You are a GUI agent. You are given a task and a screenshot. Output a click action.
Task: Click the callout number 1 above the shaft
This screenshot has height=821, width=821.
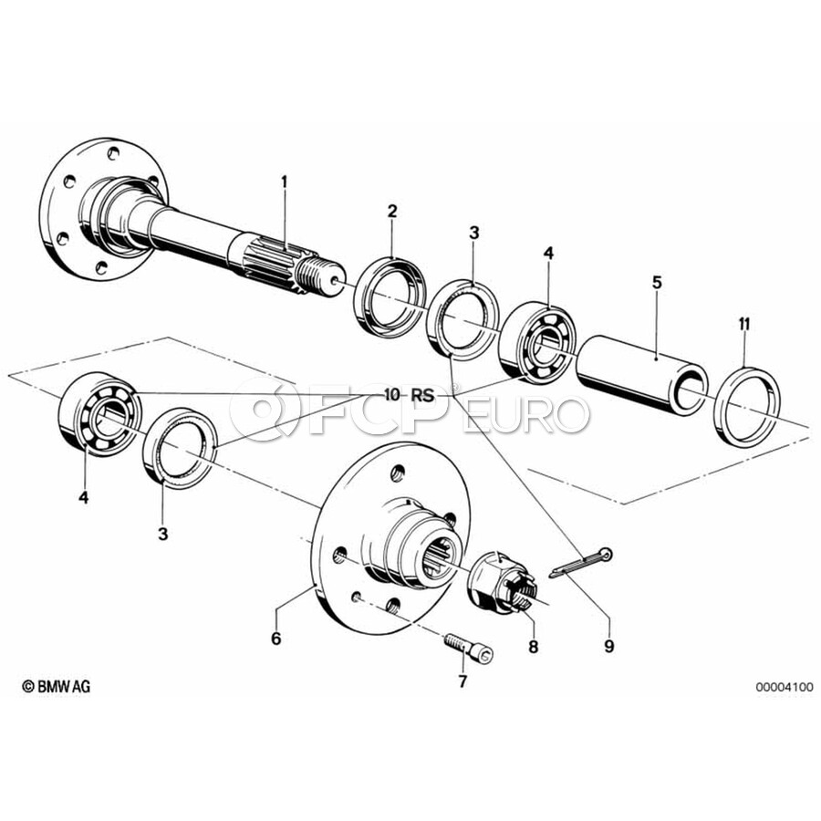point(284,183)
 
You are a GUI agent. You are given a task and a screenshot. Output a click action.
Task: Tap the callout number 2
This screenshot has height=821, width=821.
point(392,211)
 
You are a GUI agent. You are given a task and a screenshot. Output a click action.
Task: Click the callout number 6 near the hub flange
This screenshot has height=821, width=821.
point(276,639)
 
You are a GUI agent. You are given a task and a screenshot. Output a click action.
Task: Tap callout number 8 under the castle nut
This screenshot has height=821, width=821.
point(534,646)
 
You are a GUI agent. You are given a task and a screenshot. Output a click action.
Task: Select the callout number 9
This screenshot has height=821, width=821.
point(609,646)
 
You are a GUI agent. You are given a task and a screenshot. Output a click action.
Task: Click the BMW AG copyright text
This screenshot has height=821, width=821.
point(57,686)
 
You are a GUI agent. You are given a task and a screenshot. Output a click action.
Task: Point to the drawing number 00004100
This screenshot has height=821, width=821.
point(783,687)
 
